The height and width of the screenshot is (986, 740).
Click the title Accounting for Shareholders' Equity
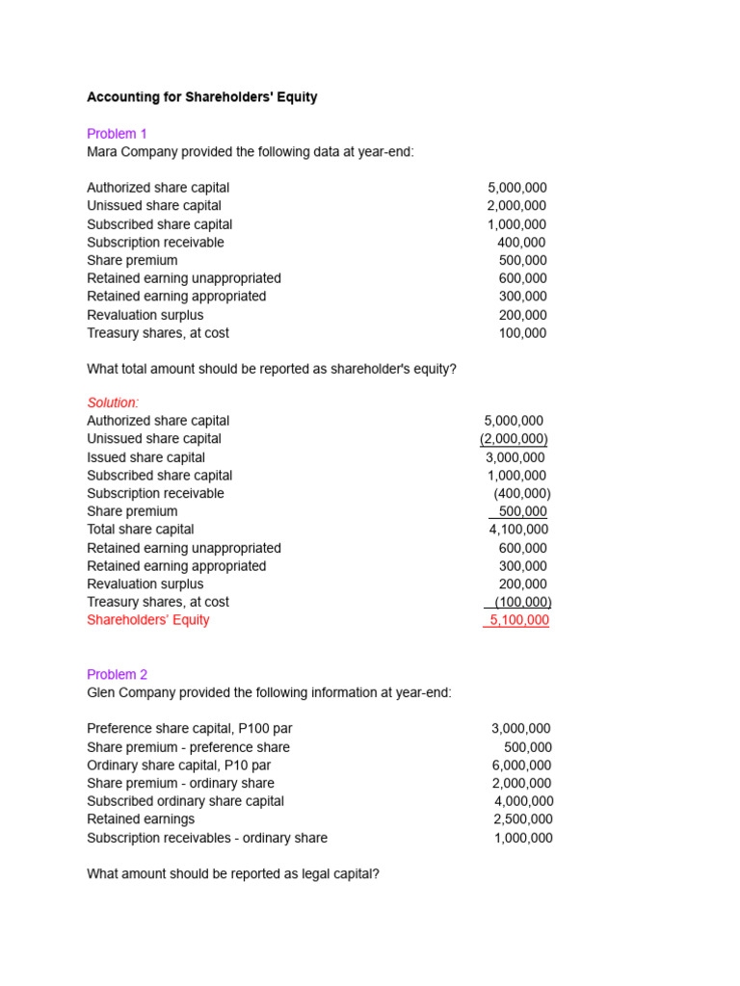tap(201, 97)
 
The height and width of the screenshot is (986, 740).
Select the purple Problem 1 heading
tap(117, 134)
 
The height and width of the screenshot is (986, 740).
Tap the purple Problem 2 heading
tap(117, 675)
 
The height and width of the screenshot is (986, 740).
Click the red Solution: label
tap(113, 402)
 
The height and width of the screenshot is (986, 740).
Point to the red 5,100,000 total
tap(518, 620)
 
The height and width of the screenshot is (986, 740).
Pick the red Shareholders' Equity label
tap(147, 620)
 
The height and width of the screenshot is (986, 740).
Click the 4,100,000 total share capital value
tap(518, 530)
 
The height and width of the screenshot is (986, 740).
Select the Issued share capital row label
tap(145, 457)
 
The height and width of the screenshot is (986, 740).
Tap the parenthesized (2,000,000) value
tap(514, 439)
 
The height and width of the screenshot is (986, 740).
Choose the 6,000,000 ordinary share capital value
tap(521, 765)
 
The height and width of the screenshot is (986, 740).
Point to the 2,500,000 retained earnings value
tap(523, 819)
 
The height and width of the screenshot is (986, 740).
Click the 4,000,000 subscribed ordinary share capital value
tap(523, 801)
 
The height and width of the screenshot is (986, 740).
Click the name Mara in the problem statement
tap(104, 152)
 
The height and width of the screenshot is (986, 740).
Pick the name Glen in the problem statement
tap(103, 693)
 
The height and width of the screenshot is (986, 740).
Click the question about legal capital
tap(231, 874)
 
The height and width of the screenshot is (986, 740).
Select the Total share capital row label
tap(140, 530)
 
